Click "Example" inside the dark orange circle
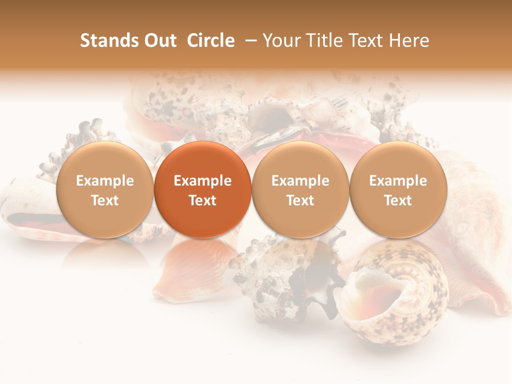click(203, 181)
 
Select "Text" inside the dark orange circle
click(203, 201)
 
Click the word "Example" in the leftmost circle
click(105, 181)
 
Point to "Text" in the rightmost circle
click(398, 201)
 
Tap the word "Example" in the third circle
click(300, 181)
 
